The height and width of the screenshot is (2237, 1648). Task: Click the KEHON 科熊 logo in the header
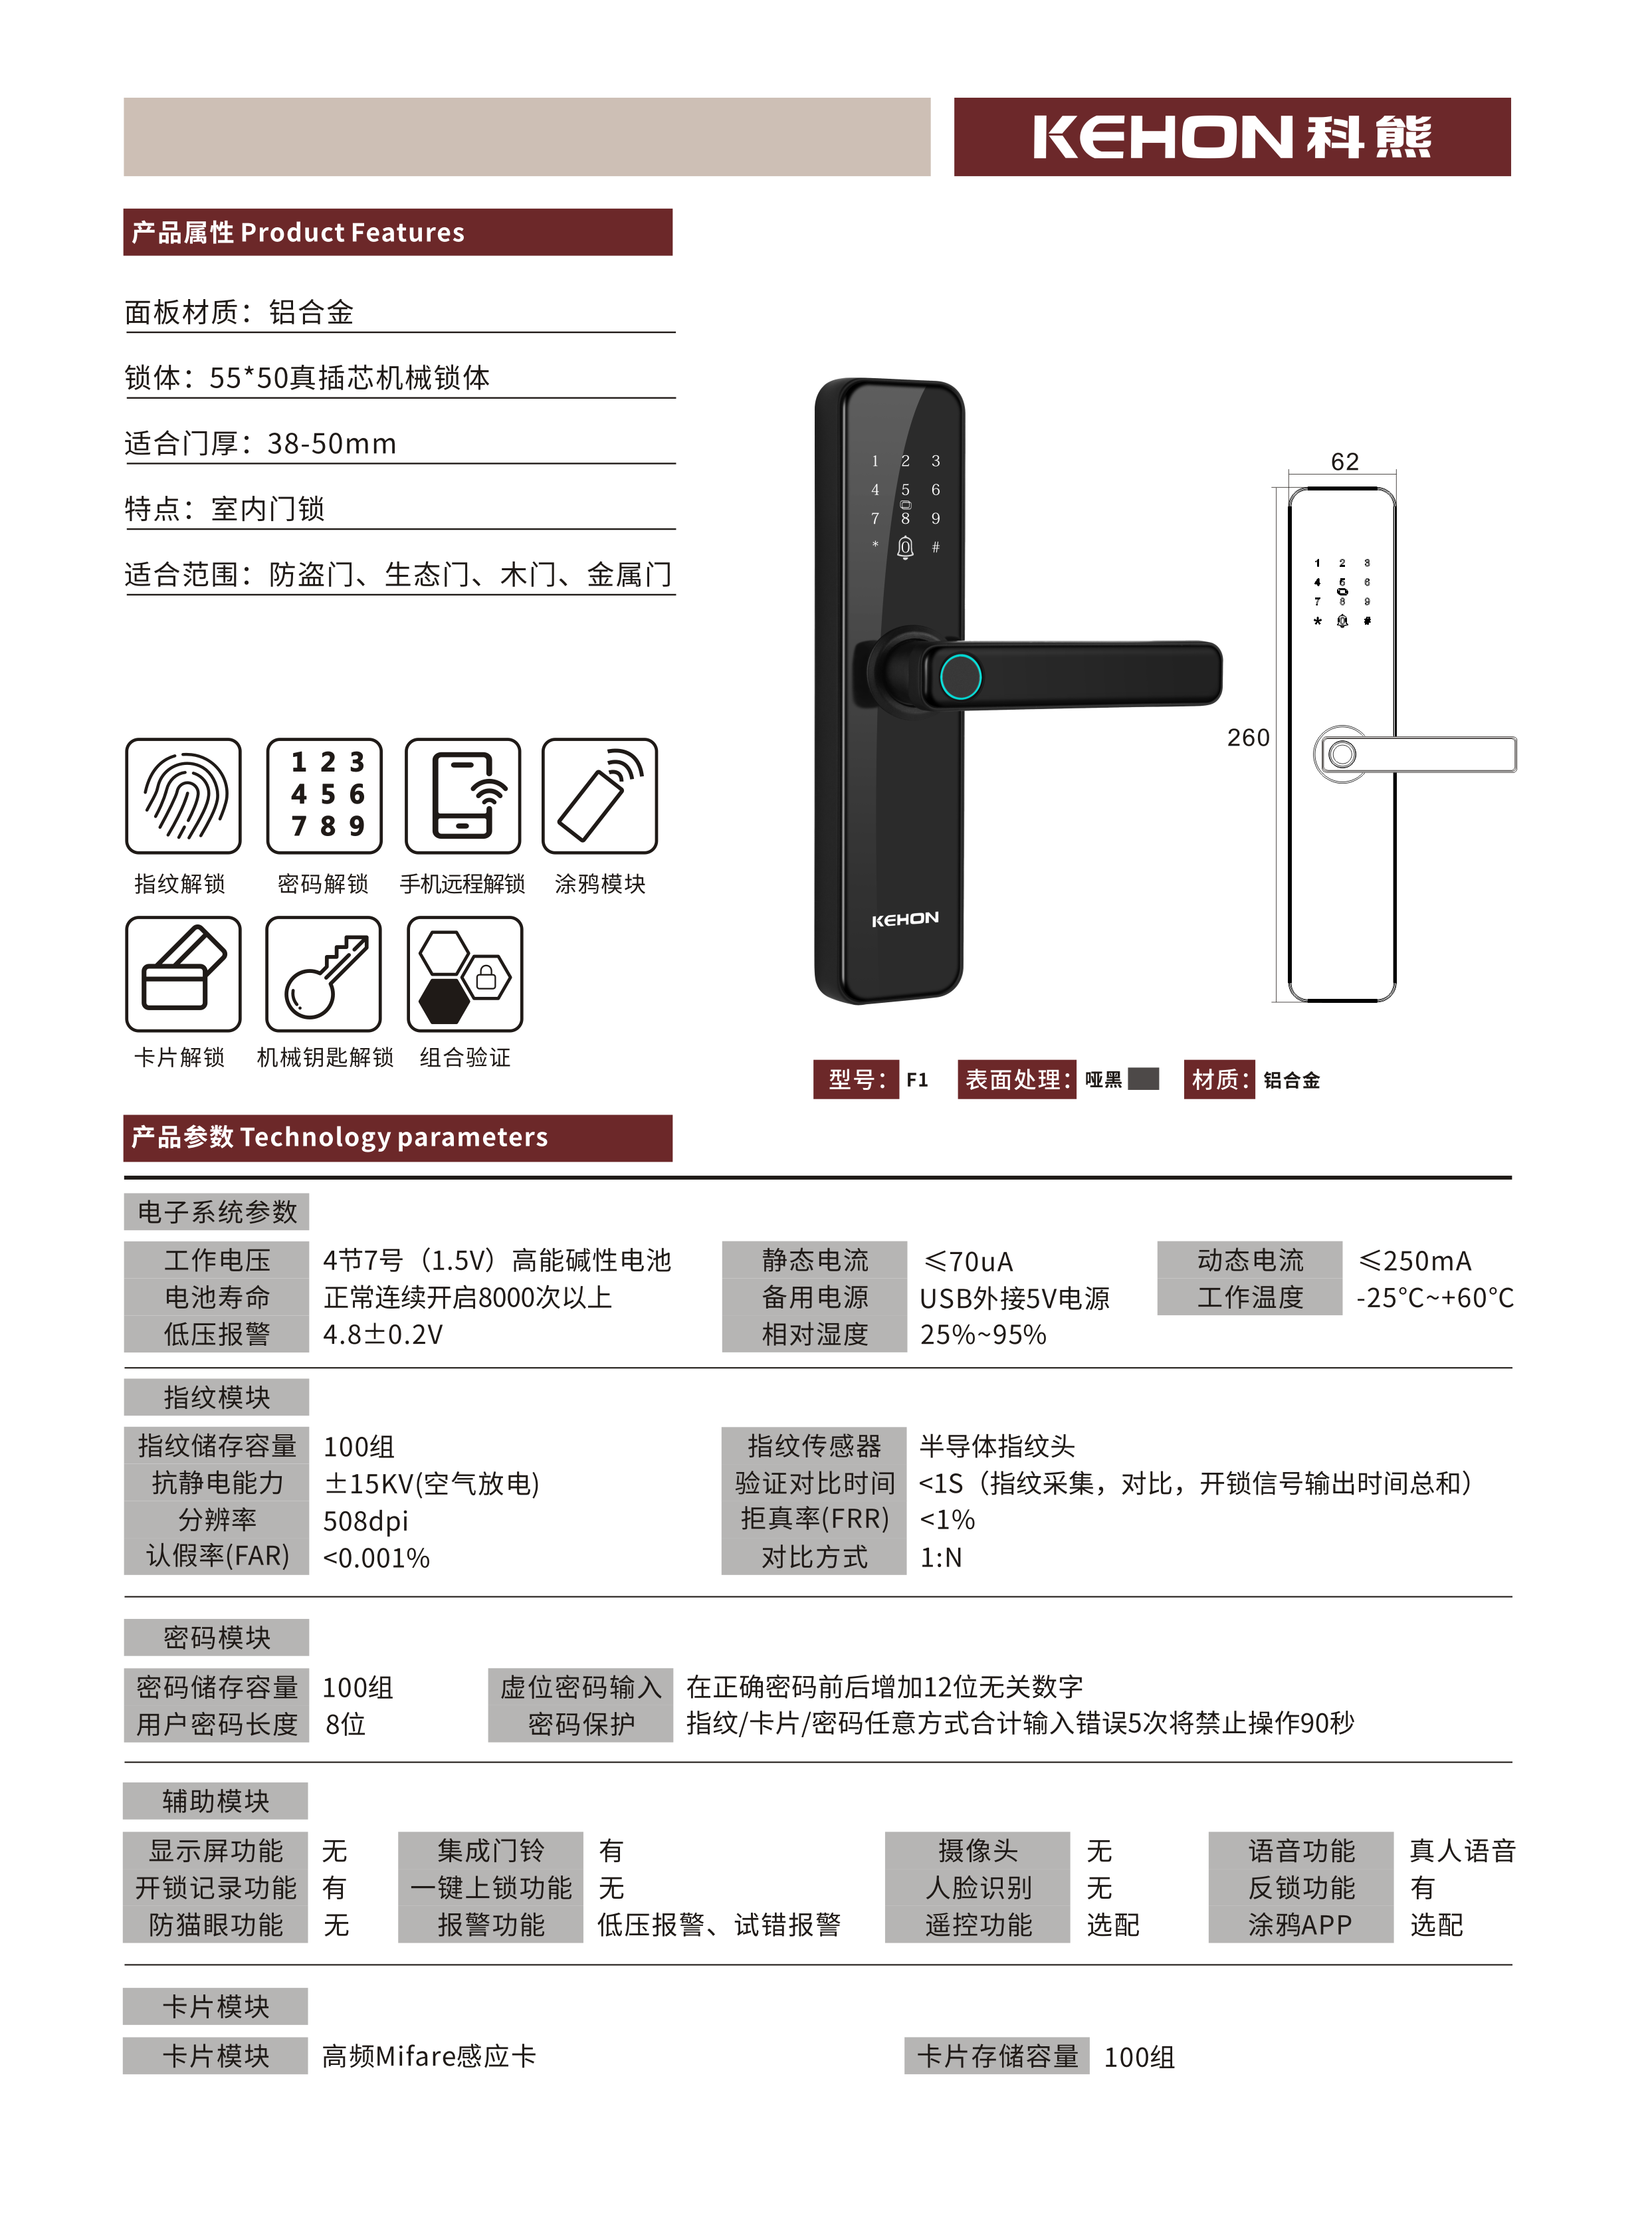[1232, 137]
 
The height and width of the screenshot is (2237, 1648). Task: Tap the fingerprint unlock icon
[183, 796]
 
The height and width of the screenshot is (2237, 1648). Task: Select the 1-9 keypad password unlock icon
[324, 796]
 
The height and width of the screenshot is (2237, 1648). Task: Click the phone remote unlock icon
[463, 796]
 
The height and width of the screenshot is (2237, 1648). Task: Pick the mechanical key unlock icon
[323, 974]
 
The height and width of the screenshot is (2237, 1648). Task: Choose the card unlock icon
[183, 974]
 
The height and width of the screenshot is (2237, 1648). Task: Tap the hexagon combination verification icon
[465, 974]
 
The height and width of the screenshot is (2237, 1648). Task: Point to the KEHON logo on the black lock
[905, 919]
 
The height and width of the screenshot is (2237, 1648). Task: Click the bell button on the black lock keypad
[905, 548]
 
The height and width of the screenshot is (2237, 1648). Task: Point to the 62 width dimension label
[1345, 461]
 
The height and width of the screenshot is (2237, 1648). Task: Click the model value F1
[917, 1079]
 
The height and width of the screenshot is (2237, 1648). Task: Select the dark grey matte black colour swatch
[1143, 1079]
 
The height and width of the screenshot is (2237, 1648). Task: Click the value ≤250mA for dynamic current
[1415, 1261]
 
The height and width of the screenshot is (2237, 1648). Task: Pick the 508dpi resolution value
[366, 1521]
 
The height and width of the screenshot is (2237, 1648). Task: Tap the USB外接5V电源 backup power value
[1015, 1298]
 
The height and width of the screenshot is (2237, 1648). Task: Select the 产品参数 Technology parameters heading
[339, 1138]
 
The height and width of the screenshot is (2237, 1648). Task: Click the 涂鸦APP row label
[1301, 1925]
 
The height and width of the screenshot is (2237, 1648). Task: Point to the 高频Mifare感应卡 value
[429, 2056]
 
